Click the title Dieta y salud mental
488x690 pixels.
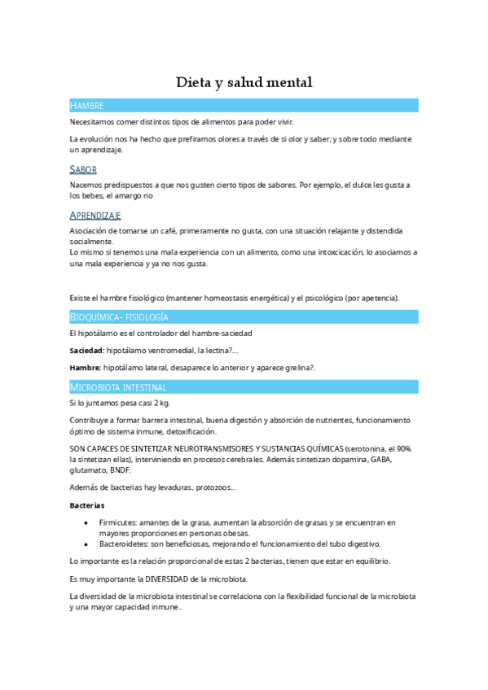click(x=244, y=82)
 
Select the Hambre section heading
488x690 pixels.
click(x=86, y=106)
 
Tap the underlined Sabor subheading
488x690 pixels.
click(x=83, y=169)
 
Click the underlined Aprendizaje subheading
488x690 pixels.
click(x=95, y=215)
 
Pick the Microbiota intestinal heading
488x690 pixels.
click(x=118, y=387)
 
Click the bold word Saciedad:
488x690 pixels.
click(x=86, y=351)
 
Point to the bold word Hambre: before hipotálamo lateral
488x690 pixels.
click(x=85, y=368)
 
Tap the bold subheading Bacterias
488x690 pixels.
click(x=87, y=505)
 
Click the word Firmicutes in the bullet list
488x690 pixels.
click(x=117, y=522)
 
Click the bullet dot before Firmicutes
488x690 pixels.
click(x=87, y=522)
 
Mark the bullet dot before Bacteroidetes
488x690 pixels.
click(x=87, y=544)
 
